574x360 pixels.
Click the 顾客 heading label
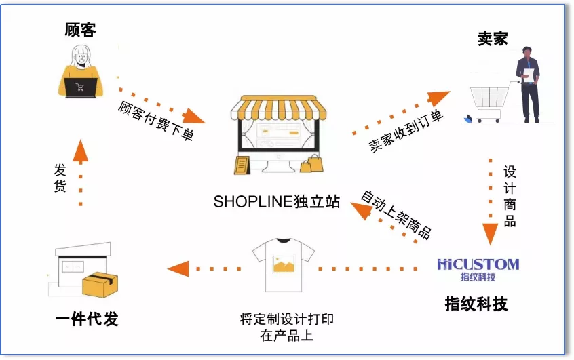tap(80, 30)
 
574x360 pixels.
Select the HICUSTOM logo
tap(479, 264)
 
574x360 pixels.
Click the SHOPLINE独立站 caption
tap(276, 202)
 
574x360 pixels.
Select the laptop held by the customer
tap(81, 87)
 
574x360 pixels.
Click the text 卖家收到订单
tap(406, 131)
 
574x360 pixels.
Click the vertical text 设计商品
tap(510, 196)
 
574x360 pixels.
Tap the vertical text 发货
tap(60, 178)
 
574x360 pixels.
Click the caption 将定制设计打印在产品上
tap(286, 327)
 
